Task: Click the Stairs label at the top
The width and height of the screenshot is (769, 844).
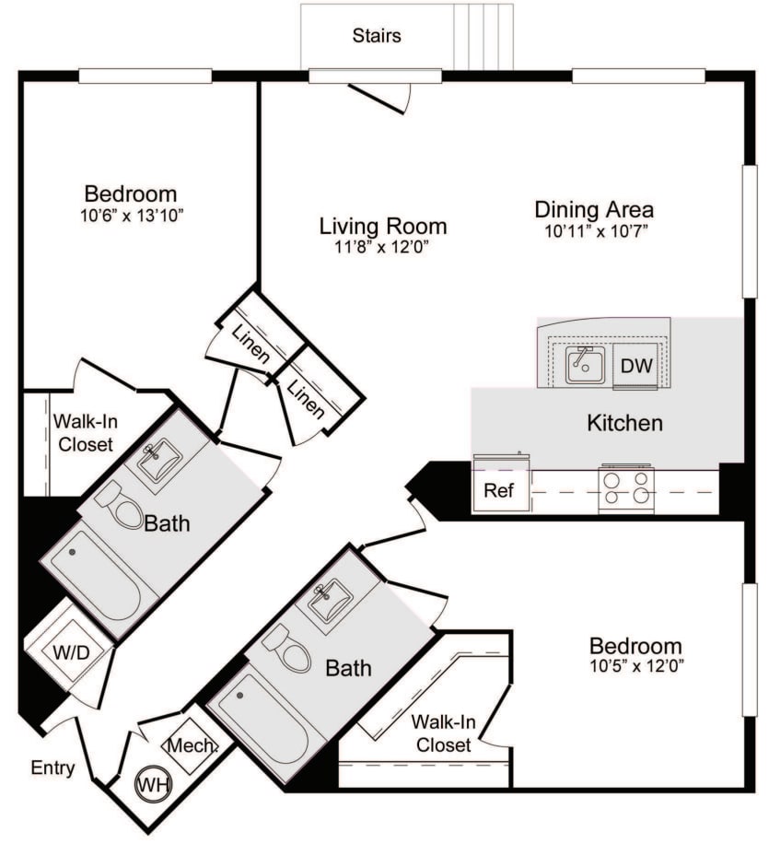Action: (377, 37)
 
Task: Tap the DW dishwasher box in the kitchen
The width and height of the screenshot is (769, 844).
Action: (635, 366)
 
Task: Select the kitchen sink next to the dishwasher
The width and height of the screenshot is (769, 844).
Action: (585, 365)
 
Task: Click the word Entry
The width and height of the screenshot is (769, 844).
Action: (52, 768)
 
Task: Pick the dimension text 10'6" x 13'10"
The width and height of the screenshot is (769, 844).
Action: (129, 215)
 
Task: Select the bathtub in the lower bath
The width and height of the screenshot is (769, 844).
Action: (262, 719)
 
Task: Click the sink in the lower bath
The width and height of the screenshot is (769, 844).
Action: (330, 604)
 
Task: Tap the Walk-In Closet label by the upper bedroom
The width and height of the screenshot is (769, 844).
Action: (82, 433)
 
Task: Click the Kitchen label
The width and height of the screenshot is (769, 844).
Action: (624, 424)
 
